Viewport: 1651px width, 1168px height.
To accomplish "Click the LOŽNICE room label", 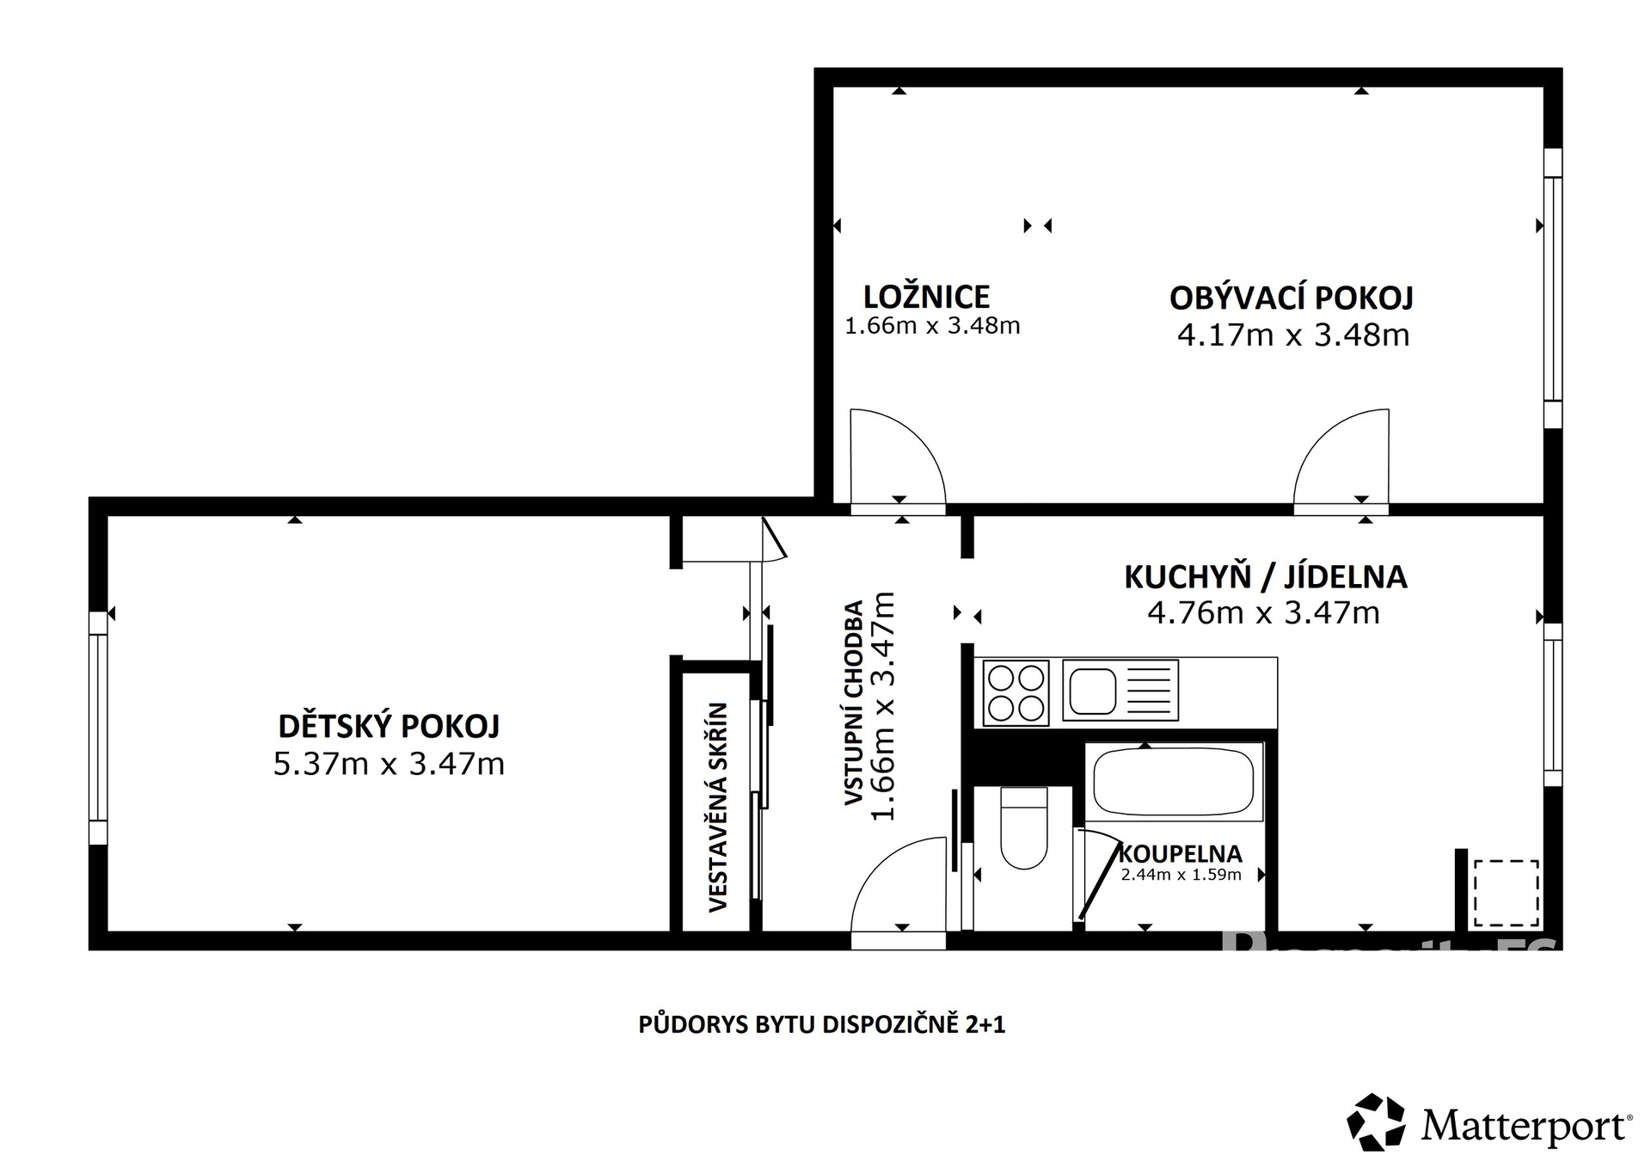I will (x=926, y=298).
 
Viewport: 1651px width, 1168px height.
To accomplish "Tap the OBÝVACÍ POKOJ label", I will (x=1292, y=298).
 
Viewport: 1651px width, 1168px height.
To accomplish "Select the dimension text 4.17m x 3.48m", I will (x=1292, y=335).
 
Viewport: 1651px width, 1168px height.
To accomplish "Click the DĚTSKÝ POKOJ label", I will (x=389, y=727).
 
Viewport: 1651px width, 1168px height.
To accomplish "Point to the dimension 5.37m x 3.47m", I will (x=389, y=764).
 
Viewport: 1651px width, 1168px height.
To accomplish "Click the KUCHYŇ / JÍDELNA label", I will (x=1266, y=577).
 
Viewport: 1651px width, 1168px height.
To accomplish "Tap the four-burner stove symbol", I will (x=1016, y=693).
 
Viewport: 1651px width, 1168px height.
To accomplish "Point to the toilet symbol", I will (x=1024, y=829).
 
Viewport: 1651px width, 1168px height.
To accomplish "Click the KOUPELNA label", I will (x=1180, y=854).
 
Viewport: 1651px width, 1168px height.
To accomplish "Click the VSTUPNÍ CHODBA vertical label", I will (x=854, y=704).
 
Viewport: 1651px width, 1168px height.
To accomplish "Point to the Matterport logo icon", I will (x=1376, y=1122).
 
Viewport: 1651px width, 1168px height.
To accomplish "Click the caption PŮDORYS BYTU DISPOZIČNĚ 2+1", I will (x=821, y=1025).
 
